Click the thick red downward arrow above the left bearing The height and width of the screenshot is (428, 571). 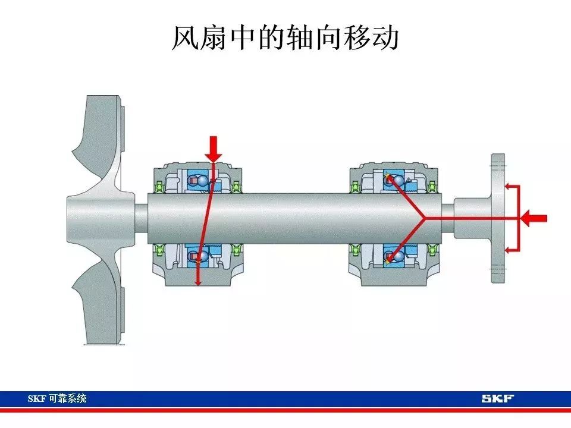click(x=214, y=149)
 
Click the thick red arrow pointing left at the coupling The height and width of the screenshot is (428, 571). click(x=534, y=218)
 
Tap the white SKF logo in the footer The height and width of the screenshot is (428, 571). click(x=497, y=398)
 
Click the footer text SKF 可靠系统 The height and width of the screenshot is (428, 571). click(x=57, y=398)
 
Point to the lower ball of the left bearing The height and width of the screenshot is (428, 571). click(x=202, y=256)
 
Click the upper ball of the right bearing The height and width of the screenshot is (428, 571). click(x=399, y=181)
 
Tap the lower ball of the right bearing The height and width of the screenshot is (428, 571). click(x=399, y=256)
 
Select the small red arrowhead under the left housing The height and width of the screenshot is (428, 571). click(x=197, y=282)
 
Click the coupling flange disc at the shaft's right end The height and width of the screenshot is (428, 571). click(x=498, y=218)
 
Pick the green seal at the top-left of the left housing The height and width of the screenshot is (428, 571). click(x=158, y=187)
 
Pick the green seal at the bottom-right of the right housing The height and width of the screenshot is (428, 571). click(x=432, y=250)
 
